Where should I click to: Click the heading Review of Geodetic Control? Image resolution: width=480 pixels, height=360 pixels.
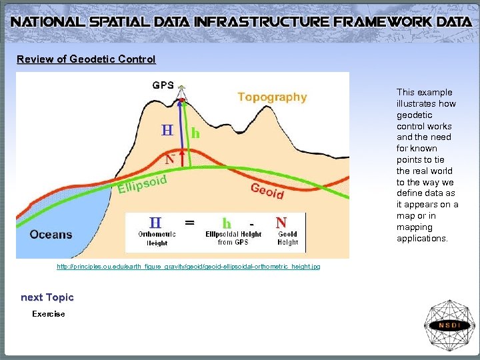[86, 59]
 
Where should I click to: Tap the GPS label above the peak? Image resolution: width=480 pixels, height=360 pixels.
[163, 85]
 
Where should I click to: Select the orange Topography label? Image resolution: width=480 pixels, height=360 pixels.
[272, 97]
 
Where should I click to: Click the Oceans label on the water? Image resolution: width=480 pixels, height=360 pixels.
[51, 234]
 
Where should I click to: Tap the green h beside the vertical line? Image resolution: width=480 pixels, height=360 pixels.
[195, 133]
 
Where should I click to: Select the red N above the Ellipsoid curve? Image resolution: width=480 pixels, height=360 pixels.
[170, 159]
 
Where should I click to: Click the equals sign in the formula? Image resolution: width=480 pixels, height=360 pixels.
[190, 223]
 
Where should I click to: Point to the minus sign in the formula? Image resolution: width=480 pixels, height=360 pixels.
[251, 223]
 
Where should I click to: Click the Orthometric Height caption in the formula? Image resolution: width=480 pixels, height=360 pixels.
[157, 238]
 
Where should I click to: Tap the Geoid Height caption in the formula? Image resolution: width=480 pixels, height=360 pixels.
[288, 238]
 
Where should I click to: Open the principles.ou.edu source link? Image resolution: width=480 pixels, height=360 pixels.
[188, 267]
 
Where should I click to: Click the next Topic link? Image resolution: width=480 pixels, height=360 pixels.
[47, 297]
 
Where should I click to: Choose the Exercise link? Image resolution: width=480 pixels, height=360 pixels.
[49, 314]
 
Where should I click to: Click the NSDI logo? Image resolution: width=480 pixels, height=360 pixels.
[449, 325]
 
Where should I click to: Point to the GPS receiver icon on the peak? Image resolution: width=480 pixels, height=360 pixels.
[182, 94]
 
